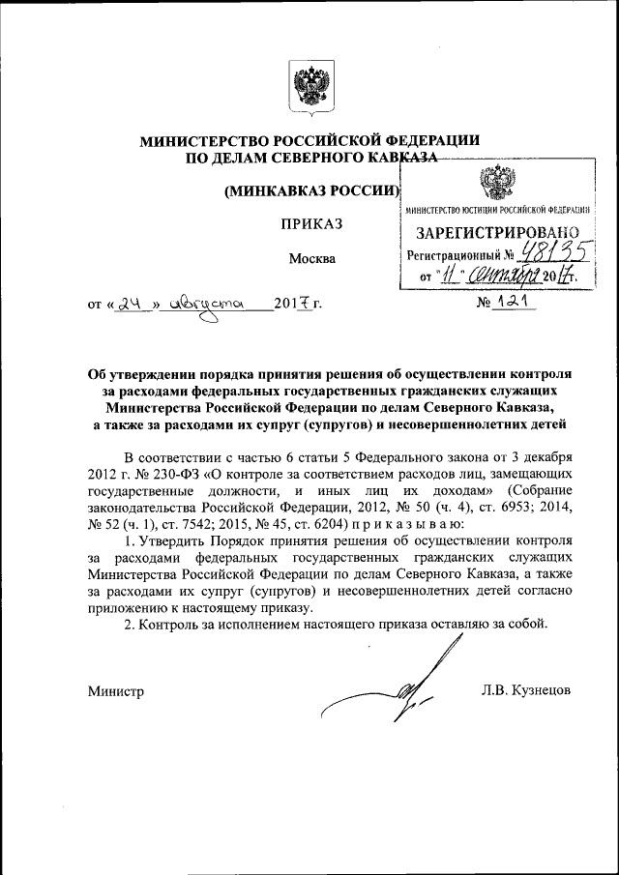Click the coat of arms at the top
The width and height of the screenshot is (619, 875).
309,87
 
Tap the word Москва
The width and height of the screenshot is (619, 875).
311,258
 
